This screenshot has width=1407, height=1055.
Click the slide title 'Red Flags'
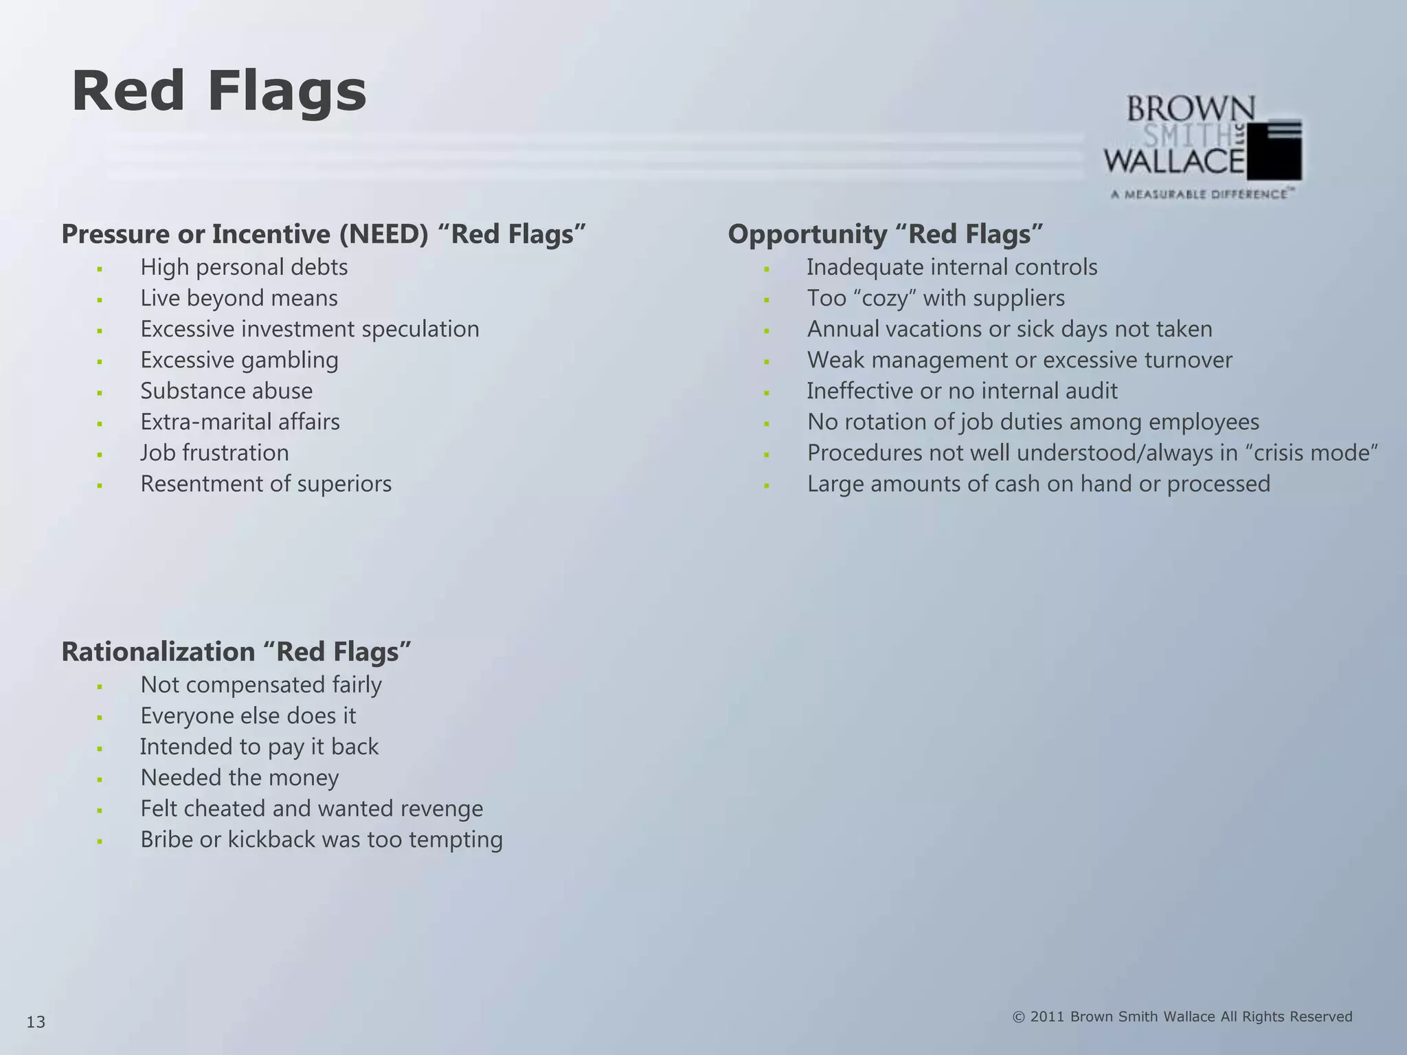click(x=219, y=92)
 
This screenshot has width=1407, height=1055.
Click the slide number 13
click(x=36, y=1023)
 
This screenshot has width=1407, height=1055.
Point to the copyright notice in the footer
click(x=1182, y=1017)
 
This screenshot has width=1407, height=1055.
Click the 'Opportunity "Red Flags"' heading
click(x=885, y=234)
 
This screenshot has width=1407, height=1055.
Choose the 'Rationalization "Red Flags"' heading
click(x=236, y=652)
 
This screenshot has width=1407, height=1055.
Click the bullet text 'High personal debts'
click(x=244, y=267)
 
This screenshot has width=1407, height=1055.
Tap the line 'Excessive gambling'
click(x=239, y=360)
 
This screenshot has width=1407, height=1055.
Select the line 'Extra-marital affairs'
click(x=240, y=422)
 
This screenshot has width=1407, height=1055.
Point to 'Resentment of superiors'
click(x=266, y=484)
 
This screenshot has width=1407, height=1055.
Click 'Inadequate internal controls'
click(x=952, y=267)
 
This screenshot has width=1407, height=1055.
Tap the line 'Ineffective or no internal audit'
click(x=962, y=391)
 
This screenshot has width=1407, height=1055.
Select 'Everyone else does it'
click(x=248, y=716)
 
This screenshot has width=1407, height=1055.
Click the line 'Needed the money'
click(x=239, y=778)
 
